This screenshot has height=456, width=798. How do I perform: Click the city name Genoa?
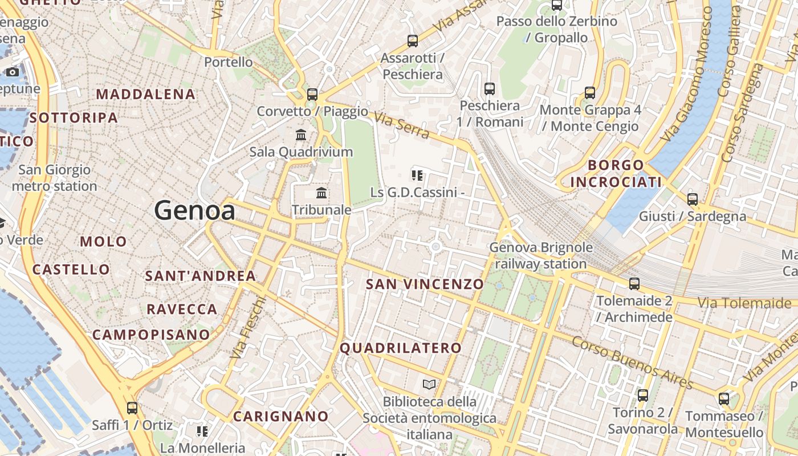pos(194,211)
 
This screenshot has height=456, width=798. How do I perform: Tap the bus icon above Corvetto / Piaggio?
pos(312,95)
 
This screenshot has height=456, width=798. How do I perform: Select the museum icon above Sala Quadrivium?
pos(301,135)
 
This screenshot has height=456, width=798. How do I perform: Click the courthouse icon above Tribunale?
pos(321,193)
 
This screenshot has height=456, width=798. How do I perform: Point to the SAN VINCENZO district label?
pos(425,284)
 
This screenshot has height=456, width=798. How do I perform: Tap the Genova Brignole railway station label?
pos(540,256)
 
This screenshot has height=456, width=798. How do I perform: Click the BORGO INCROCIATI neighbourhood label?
pos(616,174)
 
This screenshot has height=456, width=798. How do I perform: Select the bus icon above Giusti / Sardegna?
pos(693,199)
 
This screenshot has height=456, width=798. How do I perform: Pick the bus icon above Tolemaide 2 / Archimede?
pos(634,284)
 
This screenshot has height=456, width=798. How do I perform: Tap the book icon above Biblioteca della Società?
pos(429,385)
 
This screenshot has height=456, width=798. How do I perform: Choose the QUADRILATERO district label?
pos(401,348)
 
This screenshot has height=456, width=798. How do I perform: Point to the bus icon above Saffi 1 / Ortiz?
pos(132,408)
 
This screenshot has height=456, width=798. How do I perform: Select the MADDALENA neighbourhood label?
pos(146,94)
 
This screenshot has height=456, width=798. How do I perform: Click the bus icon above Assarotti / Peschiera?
pos(413,41)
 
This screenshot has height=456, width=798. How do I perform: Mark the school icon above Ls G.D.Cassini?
pos(417,176)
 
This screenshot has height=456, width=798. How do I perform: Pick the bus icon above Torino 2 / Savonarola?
pos(643,395)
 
